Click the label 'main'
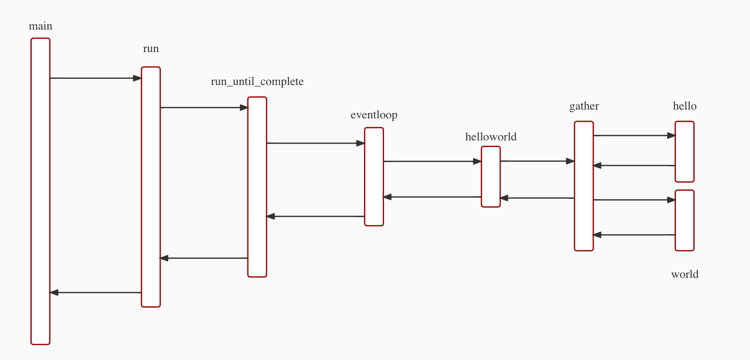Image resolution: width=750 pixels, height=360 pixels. point(40,26)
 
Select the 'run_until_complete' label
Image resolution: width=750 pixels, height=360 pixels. point(257,81)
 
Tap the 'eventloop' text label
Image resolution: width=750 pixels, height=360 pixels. point(374,115)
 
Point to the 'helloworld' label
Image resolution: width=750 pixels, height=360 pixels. point(491,137)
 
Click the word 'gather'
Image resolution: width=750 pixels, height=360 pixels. point(584,106)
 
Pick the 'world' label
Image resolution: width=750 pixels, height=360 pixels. point(685,274)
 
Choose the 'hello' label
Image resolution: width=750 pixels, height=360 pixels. point(685,106)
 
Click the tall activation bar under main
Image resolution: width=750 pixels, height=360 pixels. point(40,191)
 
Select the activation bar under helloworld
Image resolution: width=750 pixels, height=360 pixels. point(491,177)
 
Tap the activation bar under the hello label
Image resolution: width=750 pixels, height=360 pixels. point(684,152)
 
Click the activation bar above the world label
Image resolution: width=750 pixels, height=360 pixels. point(684,220)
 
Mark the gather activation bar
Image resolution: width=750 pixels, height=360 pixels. point(583,186)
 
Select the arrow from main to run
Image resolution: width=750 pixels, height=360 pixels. point(95,78)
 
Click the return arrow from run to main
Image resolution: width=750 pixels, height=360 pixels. point(95,292)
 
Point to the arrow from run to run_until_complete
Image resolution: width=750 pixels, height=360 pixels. point(204,107)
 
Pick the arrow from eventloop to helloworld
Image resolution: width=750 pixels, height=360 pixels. point(432,161)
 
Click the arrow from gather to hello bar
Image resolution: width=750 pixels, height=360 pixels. point(634,135)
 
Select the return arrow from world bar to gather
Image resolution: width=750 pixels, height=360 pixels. point(634,235)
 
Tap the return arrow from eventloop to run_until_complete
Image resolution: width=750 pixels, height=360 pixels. point(315,216)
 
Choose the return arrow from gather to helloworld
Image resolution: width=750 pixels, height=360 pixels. point(537,198)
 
